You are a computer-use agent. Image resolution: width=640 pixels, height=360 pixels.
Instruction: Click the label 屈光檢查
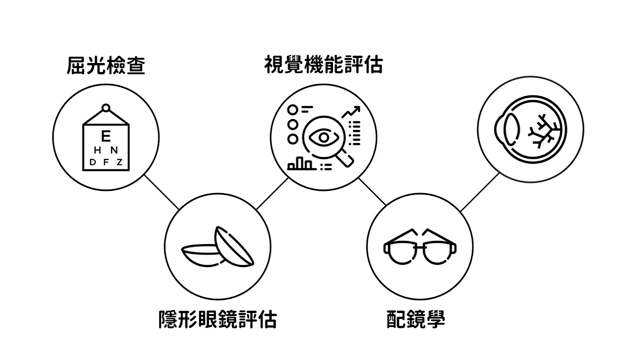106,65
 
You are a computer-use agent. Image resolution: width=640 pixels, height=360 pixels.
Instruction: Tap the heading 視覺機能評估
323,64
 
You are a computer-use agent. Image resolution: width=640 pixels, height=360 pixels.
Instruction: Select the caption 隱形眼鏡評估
217,319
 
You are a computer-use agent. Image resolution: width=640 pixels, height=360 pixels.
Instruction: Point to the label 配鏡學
415,319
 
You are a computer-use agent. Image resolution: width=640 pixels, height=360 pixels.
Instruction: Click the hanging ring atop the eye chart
105,107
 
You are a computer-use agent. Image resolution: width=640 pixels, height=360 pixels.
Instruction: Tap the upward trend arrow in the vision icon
351,112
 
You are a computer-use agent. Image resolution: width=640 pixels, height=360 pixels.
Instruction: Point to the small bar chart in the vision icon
300,163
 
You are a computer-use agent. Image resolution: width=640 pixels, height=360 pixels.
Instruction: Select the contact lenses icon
217,248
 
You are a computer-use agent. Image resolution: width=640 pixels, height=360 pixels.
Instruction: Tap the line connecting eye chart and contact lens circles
161,191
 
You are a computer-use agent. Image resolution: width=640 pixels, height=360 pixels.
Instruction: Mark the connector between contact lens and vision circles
272,193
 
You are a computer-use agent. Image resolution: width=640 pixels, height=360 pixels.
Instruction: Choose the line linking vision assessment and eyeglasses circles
372,191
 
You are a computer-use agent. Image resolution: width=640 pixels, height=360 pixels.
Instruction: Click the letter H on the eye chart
97,150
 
